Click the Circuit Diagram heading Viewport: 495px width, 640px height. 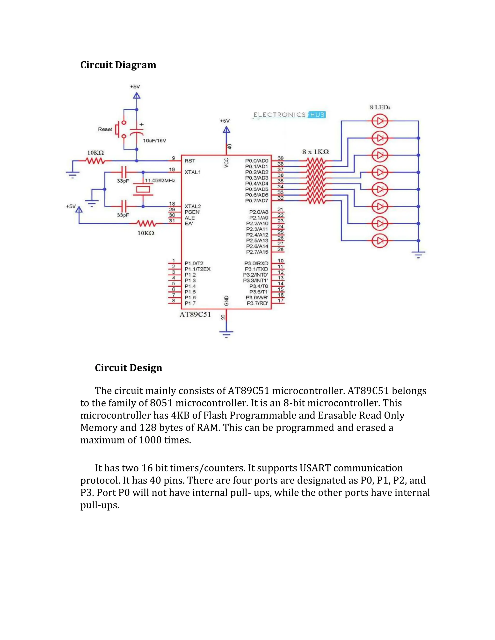tap(118, 65)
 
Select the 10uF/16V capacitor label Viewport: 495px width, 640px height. tap(154, 141)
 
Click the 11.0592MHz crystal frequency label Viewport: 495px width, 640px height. tap(160, 180)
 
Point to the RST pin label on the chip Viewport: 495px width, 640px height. tap(190, 161)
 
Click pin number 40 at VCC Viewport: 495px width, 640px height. tap(230, 146)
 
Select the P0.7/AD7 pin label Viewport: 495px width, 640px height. tap(257, 201)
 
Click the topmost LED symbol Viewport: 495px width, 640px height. tap(380, 121)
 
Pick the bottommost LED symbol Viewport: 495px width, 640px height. tap(380, 241)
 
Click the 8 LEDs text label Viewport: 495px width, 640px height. tap(380, 107)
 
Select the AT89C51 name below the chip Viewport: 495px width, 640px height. tap(195, 315)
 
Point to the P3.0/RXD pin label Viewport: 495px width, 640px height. tap(256, 263)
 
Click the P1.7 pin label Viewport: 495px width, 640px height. tap(190, 303)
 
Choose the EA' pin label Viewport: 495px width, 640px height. tap(189, 224)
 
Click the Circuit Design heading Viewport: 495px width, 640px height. tap(128, 368)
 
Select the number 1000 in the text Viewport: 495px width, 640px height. tap(150, 440)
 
